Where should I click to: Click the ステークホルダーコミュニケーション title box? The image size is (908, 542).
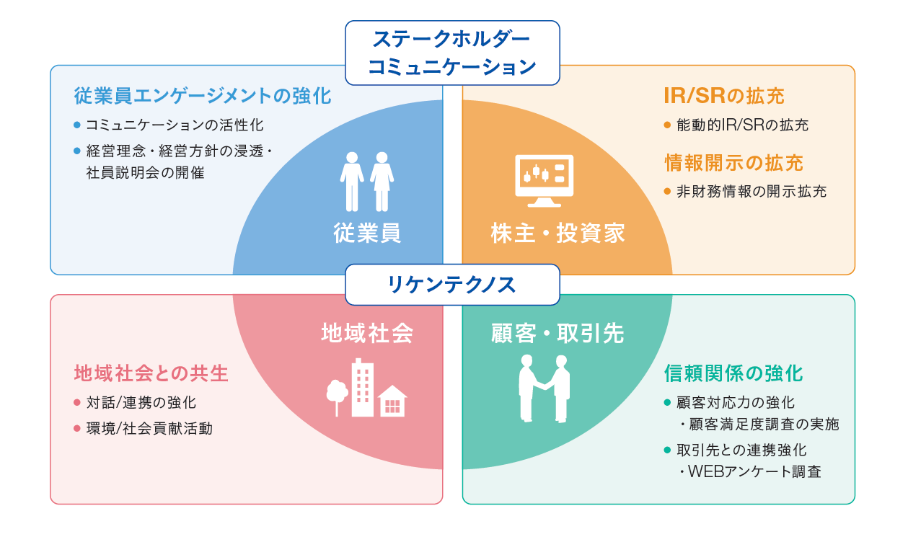452,53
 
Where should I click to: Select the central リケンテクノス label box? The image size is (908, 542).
452,285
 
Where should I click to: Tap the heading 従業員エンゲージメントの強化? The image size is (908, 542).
203,96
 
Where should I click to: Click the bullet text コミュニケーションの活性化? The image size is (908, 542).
175,125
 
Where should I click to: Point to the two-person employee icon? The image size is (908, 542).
367,181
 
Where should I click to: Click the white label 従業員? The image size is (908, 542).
367,233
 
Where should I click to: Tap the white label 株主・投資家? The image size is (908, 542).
557,233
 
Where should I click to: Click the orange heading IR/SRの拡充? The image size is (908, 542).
723,96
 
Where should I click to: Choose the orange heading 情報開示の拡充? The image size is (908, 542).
733,163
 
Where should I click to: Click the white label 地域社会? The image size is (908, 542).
367,333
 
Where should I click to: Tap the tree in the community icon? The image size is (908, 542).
336,395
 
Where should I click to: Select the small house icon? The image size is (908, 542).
392,401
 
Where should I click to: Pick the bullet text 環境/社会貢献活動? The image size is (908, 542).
149,428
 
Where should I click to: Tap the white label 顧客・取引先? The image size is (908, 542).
557,333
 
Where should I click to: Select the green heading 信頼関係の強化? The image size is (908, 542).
733,373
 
